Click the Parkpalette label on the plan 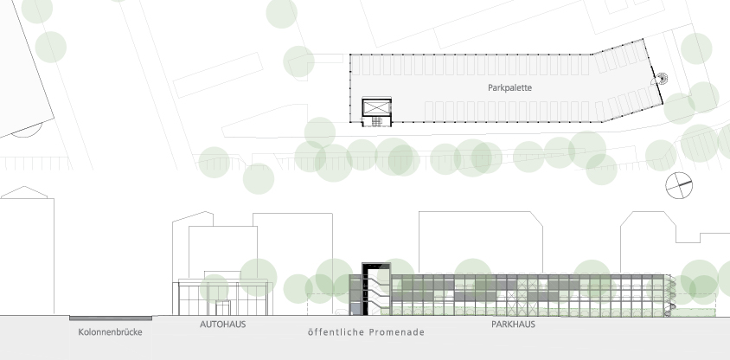(x=509, y=87)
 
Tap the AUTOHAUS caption (x=222, y=325)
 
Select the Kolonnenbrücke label (x=111, y=332)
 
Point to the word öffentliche (x=336, y=332)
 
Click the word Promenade (x=397, y=332)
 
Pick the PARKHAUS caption (x=513, y=325)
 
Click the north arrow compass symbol (x=679, y=185)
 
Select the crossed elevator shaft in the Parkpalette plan (x=376, y=107)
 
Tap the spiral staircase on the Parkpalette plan (x=661, y=79)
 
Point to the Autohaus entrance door (x=222, y=308)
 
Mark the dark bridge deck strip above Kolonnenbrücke (x=111, y=318)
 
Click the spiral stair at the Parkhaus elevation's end (x=669, y=296)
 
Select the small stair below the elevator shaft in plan (x=376, y=121)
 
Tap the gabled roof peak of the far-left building (x=24, y=187)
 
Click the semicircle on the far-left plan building (x=27, y=132)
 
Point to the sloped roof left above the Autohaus (x=193, y=216)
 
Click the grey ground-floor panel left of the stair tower (x=355, y=309)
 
